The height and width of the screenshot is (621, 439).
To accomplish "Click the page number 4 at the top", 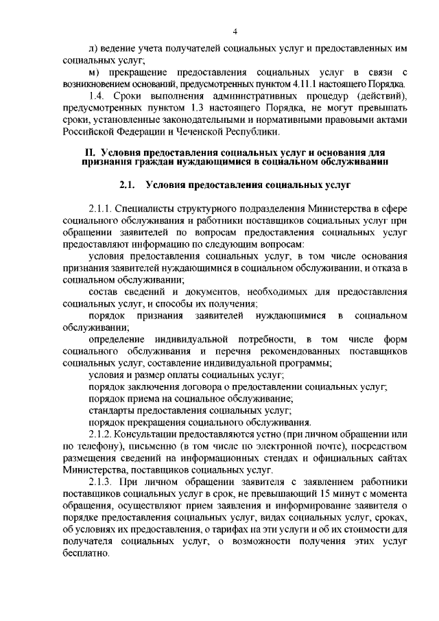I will pos(235,31).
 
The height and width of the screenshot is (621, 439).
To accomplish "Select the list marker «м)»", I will pos(95,72).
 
